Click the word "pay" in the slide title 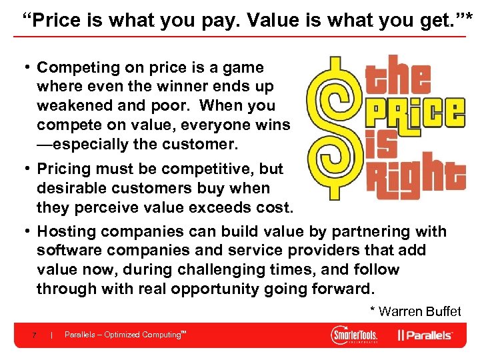click(x=211, y=20)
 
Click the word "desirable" click(x=73, y=189)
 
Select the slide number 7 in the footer click(x=33, y=335)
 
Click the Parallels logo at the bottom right click(x=425, y=335)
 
